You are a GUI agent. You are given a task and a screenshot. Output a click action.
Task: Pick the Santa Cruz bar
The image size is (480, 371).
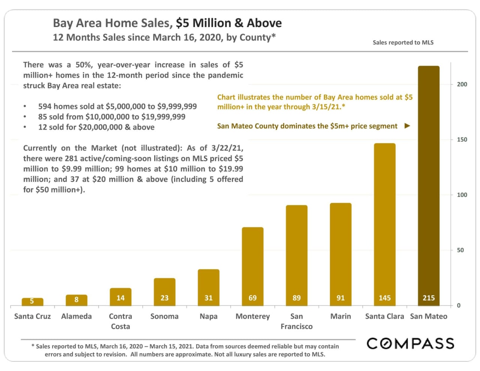(32, 302)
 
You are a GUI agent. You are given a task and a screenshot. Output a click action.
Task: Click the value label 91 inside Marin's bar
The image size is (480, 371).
(340, 298)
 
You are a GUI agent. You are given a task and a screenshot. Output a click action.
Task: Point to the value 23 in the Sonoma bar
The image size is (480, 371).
(165, 298)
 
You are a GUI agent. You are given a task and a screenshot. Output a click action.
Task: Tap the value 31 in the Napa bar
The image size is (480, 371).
(208, 298)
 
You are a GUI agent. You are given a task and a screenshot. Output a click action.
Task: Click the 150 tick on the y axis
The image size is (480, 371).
(462, 140)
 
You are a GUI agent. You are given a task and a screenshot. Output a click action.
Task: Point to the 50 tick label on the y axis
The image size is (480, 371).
(460, 250)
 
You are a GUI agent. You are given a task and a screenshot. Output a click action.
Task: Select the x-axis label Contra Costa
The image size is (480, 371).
(120, 321)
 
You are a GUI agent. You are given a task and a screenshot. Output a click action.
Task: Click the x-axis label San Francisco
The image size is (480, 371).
(296, 321)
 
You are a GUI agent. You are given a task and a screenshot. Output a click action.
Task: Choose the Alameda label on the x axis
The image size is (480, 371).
(76, 316)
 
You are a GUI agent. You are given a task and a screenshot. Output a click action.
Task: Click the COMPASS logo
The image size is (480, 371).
(410, 344)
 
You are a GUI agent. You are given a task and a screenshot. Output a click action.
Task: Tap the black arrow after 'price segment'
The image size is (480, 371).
(407, 126)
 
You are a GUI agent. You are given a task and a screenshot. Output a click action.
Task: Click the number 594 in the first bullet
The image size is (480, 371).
(45, 106)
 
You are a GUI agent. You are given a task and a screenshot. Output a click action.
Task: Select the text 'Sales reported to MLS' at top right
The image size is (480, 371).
(403, 42)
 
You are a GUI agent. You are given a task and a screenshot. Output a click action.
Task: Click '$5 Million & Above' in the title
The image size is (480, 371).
(229, 23)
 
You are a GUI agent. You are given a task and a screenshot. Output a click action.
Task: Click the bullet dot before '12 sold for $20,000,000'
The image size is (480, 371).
(25, 127)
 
